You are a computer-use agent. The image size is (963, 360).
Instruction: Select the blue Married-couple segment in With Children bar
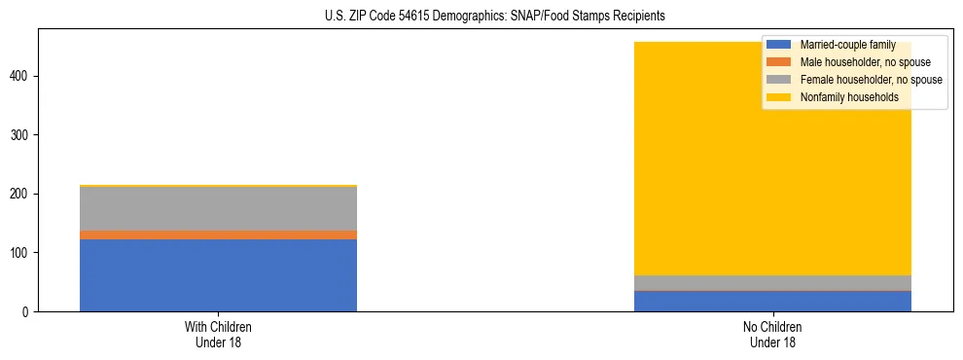(x=218, y=275)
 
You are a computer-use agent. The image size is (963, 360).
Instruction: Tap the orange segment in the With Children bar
(x=218, y=234)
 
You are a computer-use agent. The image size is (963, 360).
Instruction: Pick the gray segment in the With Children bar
(x=218, y=208)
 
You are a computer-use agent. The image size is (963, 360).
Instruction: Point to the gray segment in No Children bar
(x=772, y=282)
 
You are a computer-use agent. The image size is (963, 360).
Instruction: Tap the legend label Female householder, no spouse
(x=871, y=80)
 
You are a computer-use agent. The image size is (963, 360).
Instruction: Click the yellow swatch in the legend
(x=779, y=97)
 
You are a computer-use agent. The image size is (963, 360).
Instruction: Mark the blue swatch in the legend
(x=779, y=45)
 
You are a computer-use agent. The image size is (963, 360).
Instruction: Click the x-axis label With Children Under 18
(x=218, y=335)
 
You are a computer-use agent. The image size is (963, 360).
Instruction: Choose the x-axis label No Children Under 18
(x=772, y=335)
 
